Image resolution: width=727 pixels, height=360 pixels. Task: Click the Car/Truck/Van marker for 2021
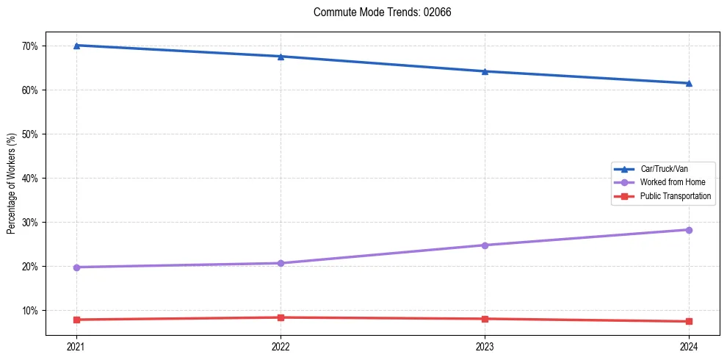point(76,46)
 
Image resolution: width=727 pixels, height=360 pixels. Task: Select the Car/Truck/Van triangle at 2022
point(281,57)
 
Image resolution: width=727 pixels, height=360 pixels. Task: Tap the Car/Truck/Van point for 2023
point(485,71)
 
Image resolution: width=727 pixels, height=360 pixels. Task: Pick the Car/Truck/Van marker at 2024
point(689,83)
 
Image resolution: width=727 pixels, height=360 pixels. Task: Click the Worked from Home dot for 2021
point(76,267)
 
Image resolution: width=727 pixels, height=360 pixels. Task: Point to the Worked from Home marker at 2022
point(281,263)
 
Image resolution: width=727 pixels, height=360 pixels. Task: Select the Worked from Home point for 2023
point(485,245)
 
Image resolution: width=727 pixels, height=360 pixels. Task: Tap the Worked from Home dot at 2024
point(689,230)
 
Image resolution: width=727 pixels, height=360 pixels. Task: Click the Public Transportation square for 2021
point(76,320)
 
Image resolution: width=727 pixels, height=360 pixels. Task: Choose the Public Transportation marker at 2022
point(281,317)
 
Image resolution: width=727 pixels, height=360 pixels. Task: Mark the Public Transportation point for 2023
point(485,319)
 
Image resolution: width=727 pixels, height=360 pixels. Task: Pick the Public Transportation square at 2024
point(689,321)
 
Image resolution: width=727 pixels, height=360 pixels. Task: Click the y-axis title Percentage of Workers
point(11,184)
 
